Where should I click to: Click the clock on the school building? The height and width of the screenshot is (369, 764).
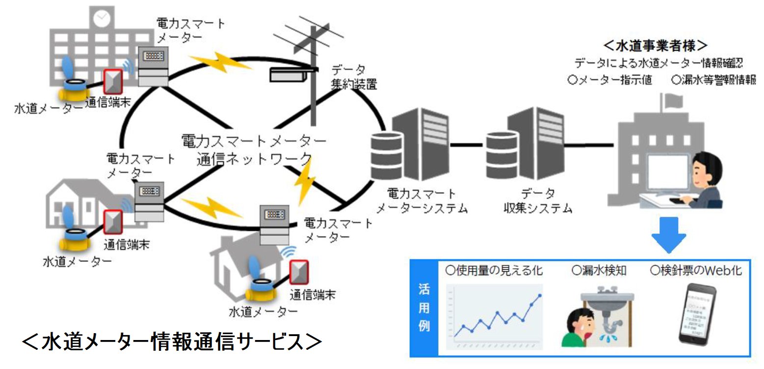(101, 19)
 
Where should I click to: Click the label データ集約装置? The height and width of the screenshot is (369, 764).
(353, 76)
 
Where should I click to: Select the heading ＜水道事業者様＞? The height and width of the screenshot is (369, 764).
(655, 45)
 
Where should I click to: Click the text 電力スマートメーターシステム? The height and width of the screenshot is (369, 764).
(421, 200)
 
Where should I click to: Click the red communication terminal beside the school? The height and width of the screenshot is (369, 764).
(113, 82)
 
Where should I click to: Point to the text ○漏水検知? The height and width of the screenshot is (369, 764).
(599, 270)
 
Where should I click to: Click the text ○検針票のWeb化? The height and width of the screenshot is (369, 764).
(695, 270)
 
